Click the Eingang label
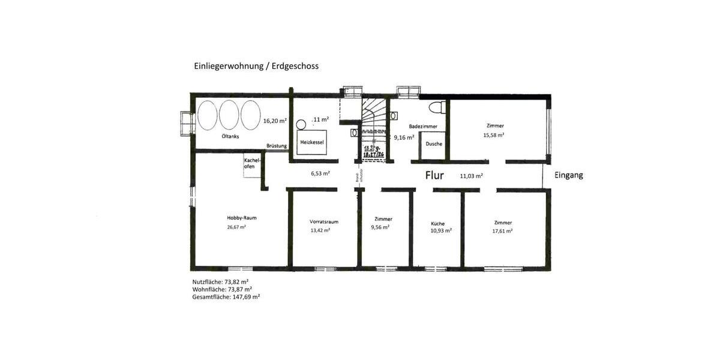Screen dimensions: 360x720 coord(568,176)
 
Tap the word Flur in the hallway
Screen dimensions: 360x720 coord(434,175)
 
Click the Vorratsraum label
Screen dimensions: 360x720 coord(324,221)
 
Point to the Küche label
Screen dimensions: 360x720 coord(438,224)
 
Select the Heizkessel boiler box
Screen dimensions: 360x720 coord(312,142)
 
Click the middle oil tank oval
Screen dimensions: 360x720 coord(229,115)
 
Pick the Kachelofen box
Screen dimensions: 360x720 coord(253,163)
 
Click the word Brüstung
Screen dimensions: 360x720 coord(277,146)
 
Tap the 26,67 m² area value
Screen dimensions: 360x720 coord(236,227)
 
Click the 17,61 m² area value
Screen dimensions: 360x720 coord(503,231)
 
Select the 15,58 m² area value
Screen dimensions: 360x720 coord(494,135)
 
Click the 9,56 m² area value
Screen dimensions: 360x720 coord(380,227)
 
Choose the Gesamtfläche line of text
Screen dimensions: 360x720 coord(226,296)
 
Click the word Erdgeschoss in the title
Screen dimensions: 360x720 coord(295,66)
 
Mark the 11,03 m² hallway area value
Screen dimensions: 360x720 coord(472,176)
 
